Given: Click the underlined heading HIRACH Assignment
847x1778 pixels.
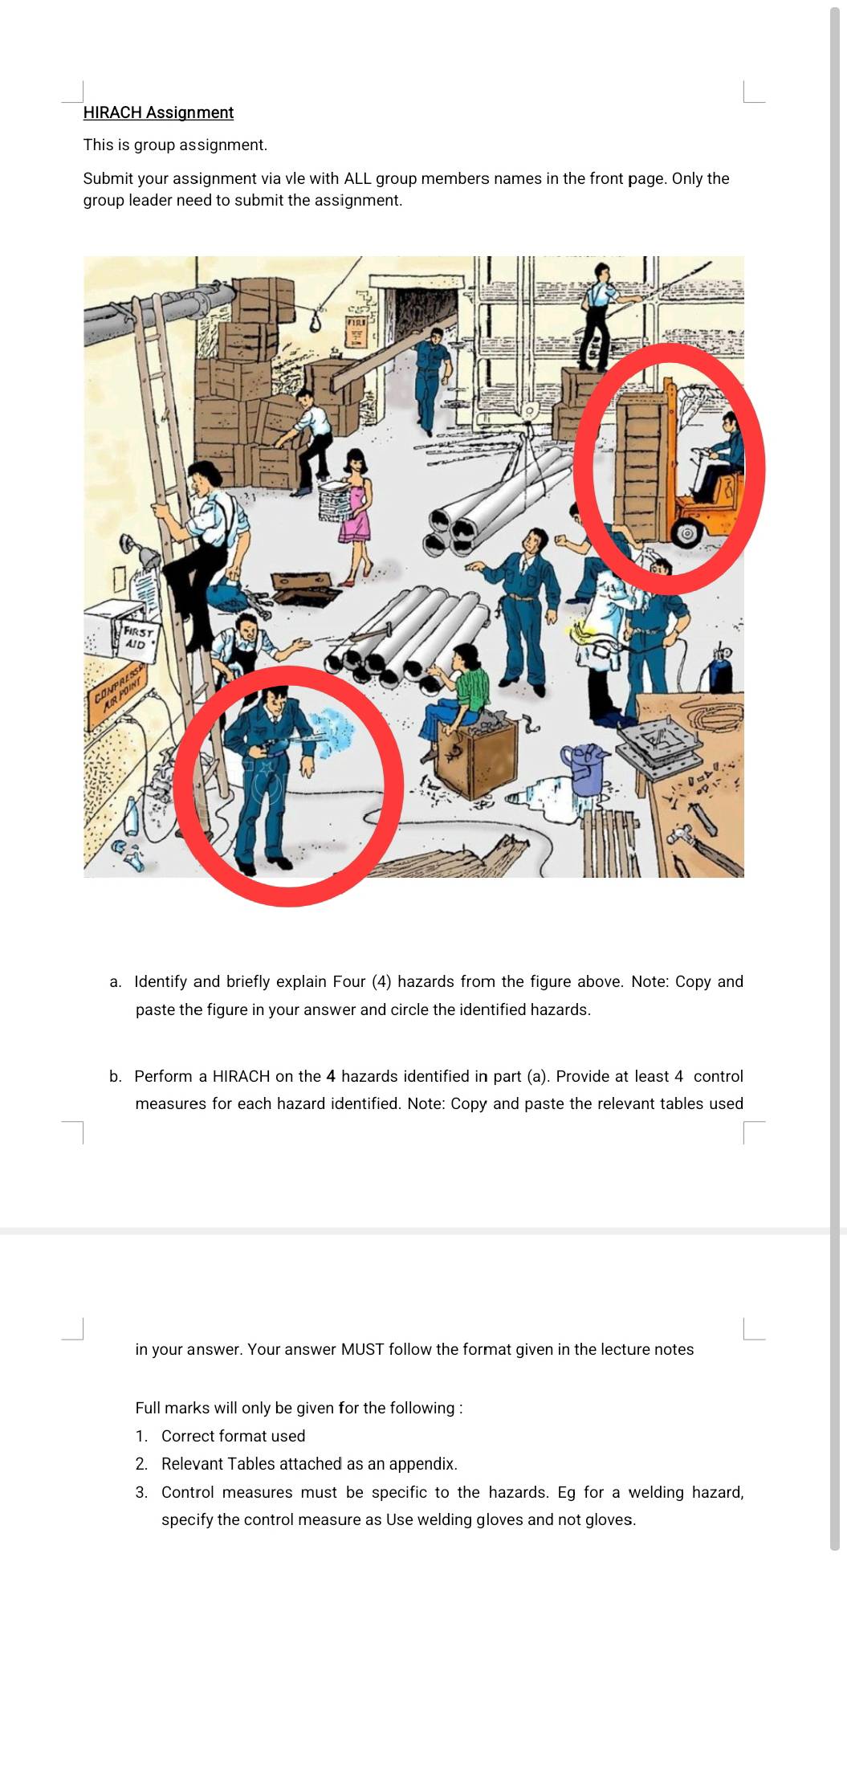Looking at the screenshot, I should point(158,112).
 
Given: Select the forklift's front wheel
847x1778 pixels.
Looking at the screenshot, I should point(686,532).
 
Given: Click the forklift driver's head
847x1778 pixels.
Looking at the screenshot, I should point(729,422).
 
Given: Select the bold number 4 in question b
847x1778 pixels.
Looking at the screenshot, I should point(330,1076).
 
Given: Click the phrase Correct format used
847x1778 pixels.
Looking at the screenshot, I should point(233,1436).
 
